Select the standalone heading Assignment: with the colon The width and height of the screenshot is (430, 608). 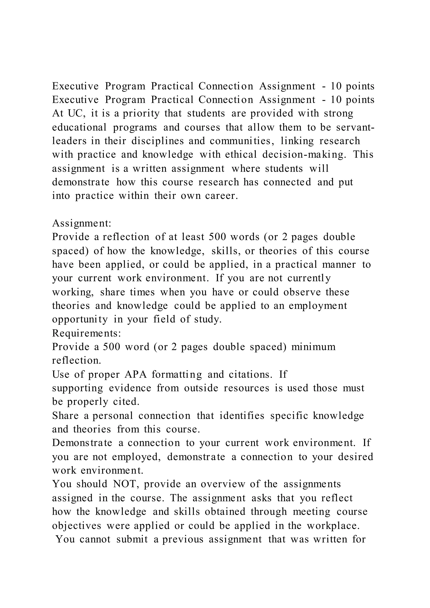point(81,223)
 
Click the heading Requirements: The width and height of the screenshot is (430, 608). point(87,333)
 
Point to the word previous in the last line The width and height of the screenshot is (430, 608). point(183,539)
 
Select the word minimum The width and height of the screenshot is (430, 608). point(313,347)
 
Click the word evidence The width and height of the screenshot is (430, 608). point(130,388)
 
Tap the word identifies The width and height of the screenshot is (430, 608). point(242,416)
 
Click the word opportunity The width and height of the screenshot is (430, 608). point(80,319)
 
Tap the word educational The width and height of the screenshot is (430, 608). point(79,127)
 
